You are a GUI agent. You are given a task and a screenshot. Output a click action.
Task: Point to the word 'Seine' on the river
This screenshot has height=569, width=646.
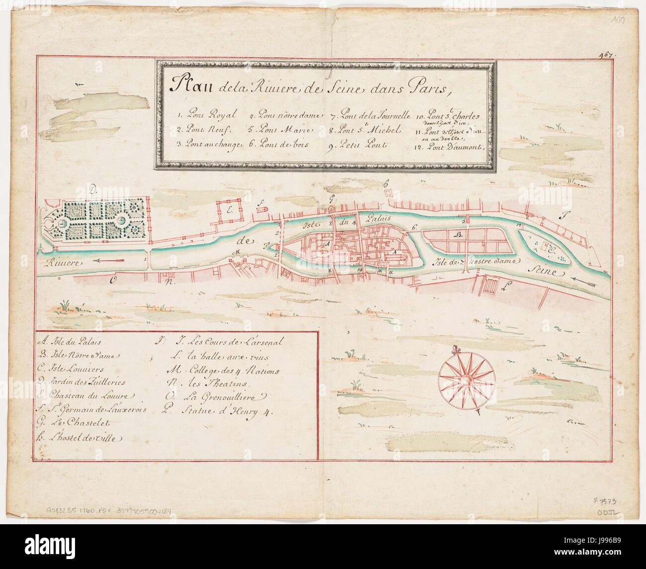[x=545, y=272]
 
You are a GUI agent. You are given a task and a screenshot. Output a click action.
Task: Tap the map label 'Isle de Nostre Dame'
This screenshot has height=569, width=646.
[x=476, y=261]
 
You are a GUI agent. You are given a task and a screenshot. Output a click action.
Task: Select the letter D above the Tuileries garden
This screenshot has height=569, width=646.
[x=92, y=190]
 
